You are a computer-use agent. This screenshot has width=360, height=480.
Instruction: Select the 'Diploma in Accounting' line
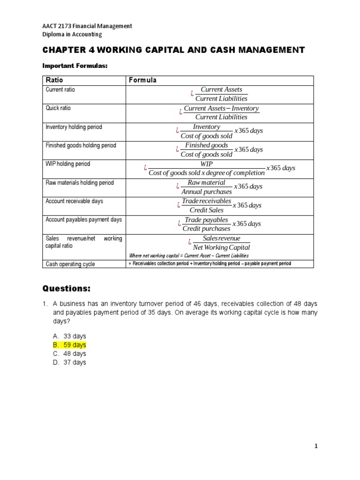72,34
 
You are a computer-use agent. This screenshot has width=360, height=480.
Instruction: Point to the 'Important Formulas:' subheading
75,66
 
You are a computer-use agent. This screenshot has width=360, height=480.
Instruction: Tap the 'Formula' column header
142,80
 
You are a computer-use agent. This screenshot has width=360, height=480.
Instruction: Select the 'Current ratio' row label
60,90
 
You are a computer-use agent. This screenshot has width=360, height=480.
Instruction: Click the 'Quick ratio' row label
58,108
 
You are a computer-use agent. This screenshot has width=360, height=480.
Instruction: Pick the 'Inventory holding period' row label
74,127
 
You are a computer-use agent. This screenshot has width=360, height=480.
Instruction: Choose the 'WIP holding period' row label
67,164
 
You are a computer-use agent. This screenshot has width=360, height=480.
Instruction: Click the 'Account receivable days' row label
74,201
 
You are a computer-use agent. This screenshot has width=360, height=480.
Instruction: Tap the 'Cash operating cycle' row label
70,264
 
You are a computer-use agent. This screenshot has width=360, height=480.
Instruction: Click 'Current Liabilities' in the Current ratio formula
221,98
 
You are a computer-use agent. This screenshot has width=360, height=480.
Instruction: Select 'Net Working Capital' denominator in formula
221,247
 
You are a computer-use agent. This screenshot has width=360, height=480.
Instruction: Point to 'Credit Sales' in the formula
207,210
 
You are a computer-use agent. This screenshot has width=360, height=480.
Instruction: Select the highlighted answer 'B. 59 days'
69,345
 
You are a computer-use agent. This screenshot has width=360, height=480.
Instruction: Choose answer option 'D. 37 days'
69,362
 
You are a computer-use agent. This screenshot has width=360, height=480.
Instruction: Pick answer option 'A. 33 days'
69,336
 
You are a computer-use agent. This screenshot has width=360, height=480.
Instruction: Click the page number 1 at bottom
316,446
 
